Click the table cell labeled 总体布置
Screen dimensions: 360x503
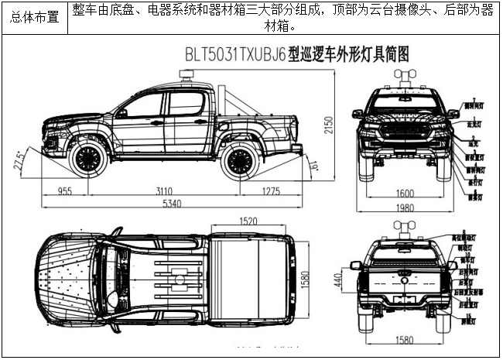pos(35,17)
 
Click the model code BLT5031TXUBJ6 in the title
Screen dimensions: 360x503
pos(234,55)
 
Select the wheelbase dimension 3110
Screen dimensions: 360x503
pos(163,190)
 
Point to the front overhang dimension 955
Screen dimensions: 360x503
pos(65,190)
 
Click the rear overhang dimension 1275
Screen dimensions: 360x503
pos(271,190)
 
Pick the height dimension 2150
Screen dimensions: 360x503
pos(329,124)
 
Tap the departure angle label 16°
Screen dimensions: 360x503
pos(314,165)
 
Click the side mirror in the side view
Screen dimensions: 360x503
pos(121,113)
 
